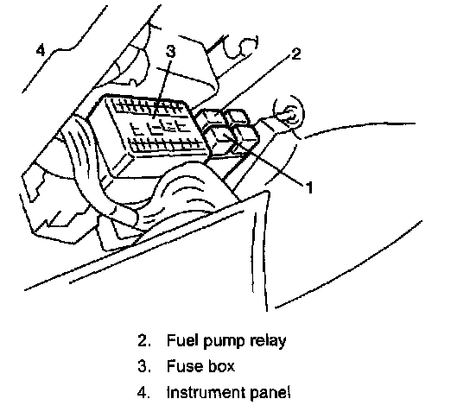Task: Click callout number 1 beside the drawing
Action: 309,187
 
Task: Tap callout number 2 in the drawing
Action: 295,54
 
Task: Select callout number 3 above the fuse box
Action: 170,51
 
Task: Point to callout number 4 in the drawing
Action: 41,50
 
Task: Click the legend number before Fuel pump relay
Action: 144,340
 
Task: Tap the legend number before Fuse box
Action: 144,366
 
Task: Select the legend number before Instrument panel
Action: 144,392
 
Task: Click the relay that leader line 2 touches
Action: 212,117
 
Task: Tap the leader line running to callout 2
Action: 255,82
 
